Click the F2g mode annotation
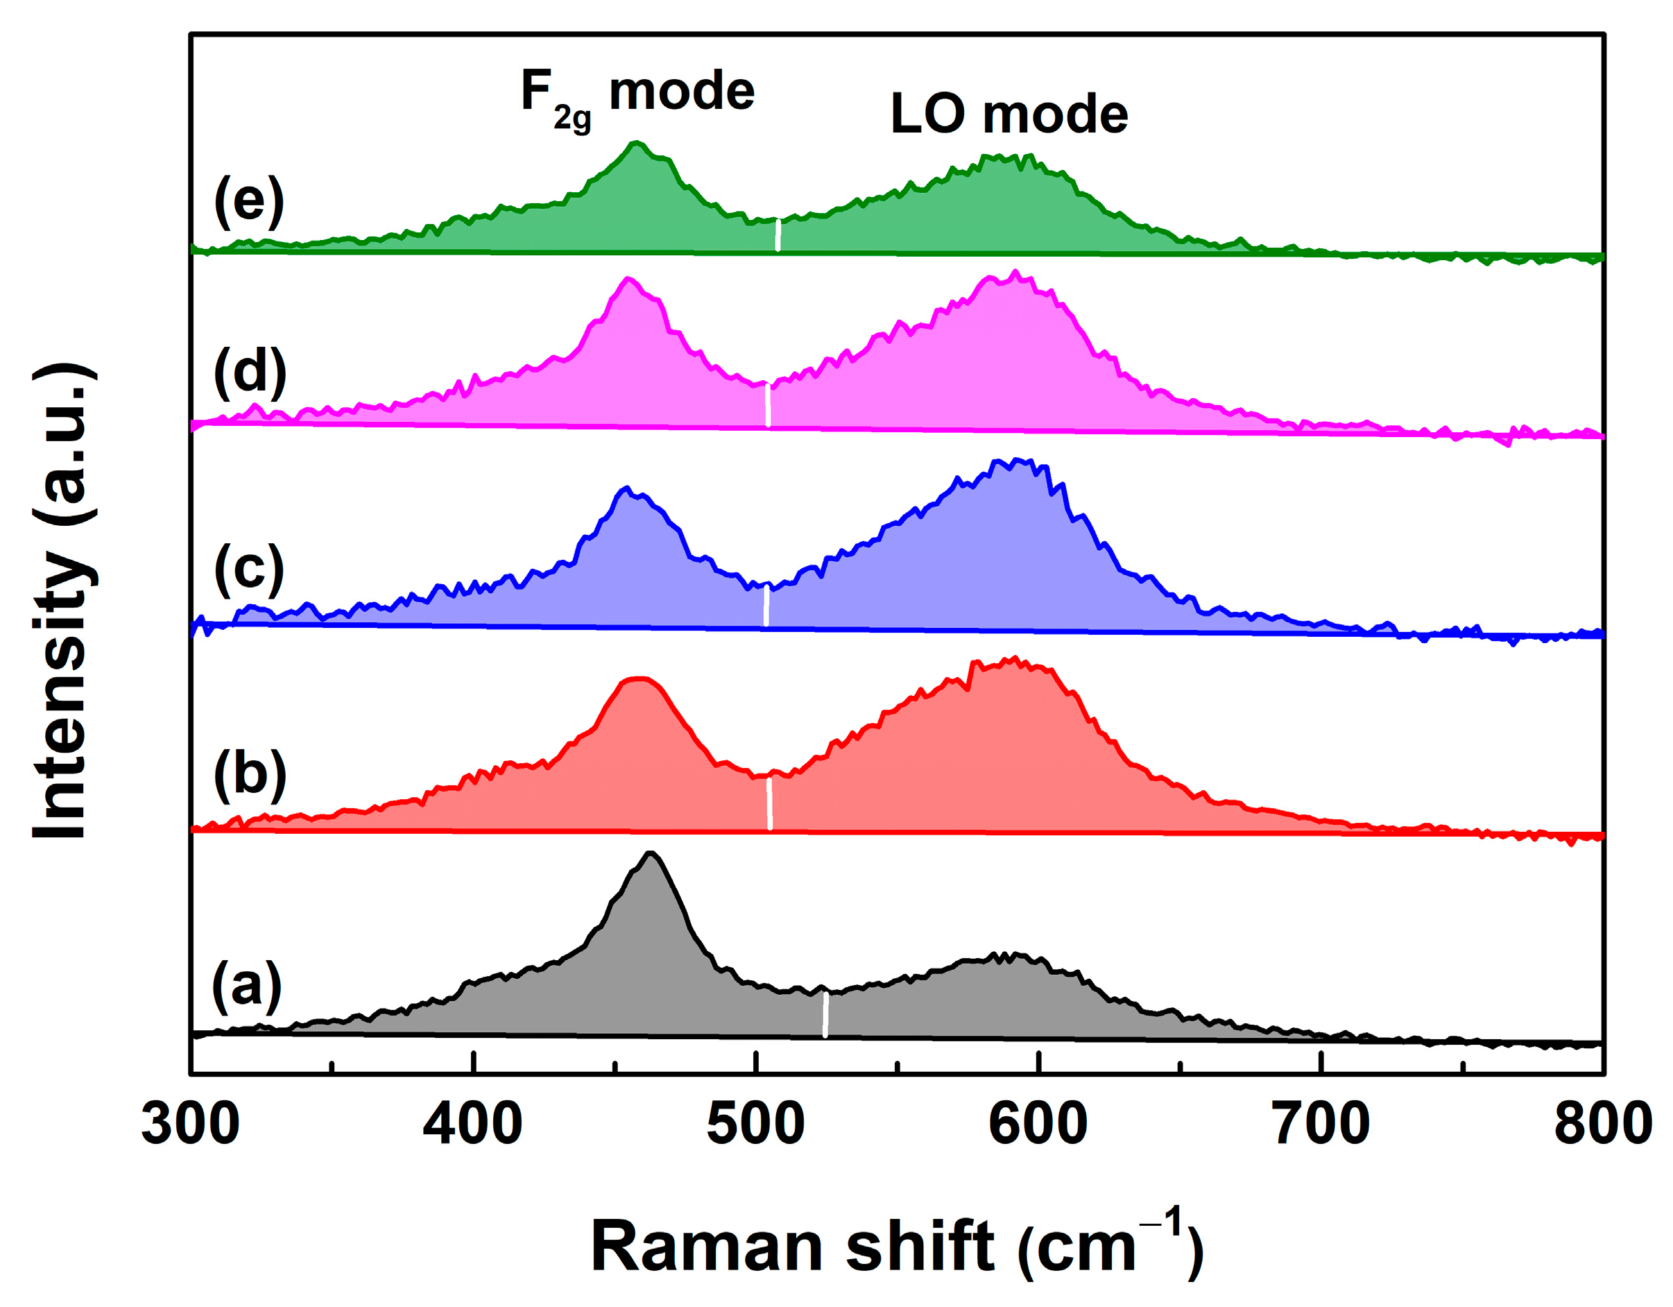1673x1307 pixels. (637, 96)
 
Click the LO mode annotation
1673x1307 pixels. (1009, 115)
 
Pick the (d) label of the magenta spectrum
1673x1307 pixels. (250, 373)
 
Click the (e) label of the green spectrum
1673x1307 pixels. (249, 201)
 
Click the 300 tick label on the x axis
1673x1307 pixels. (190, 1124)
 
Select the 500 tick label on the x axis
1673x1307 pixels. (755, 1124)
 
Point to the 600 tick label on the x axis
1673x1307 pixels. (1038, 1124)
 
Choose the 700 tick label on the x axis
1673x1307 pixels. (1321, 1124)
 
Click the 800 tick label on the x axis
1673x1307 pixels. (1602, 1124)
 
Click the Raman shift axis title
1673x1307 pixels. (896, 1247)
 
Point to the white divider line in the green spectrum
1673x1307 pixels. (778, 235)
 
